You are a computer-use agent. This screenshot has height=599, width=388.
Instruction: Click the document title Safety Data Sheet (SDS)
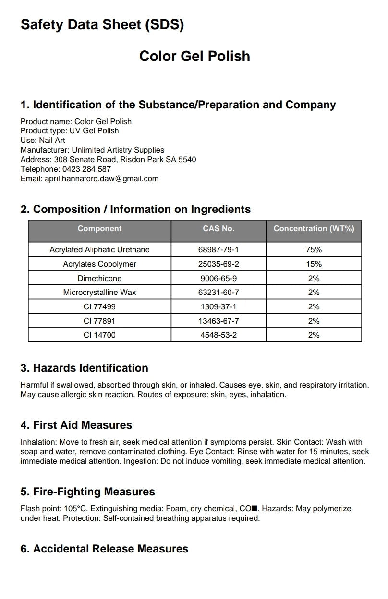coord(102,25)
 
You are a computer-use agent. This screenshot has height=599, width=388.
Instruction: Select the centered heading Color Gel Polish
coord(194,56)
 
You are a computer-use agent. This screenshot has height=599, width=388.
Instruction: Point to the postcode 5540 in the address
coord(187,159)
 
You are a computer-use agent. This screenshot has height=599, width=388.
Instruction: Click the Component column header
coord(99,229)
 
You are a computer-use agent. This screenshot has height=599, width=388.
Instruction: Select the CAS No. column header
coord(218,229)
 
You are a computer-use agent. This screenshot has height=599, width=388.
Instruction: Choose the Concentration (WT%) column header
coord(314,229)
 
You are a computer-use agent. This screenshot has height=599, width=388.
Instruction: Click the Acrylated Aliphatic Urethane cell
coord(99,249)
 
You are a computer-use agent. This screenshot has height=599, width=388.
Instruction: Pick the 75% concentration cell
coord(314,249)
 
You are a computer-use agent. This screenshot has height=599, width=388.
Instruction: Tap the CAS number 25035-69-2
coord(218,264)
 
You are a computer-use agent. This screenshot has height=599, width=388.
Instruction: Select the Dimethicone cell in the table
coord(99,278)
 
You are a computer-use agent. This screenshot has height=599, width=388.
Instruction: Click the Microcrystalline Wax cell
coord(99,292)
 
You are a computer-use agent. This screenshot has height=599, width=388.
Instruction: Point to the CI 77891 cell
coord(99,321)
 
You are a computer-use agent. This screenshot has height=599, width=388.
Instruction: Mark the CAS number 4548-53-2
coord(218,335)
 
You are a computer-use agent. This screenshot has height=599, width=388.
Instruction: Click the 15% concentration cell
coord(314,264)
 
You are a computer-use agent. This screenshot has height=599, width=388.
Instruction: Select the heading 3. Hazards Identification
coord(84,368)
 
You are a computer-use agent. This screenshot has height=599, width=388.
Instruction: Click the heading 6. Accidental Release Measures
coord(104,549)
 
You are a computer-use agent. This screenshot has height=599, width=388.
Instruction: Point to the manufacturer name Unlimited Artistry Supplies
coord(118,150)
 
